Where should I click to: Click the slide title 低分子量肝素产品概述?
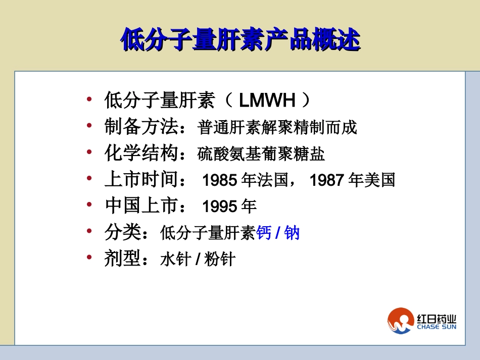coord(241,39)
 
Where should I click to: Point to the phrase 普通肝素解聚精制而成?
coord(277,128)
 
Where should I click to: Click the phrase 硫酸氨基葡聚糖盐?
coord(261,154)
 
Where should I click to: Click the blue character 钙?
coord(264,233)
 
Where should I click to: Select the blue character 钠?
coord(292,233)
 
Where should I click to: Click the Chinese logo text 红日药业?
coord(437,319)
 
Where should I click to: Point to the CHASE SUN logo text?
coord(437,327)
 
